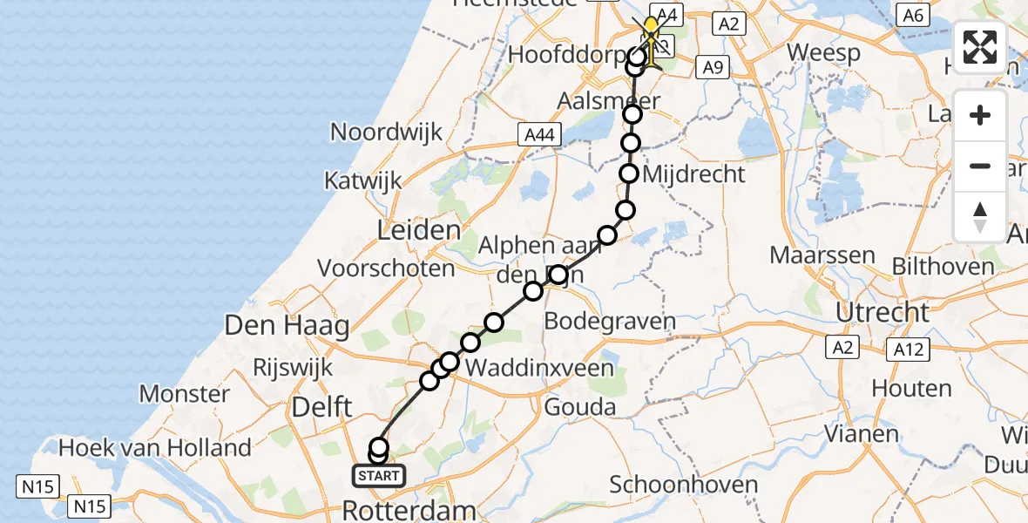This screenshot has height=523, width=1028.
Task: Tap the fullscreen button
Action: point(980,47)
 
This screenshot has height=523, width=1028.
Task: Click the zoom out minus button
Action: point(980,166)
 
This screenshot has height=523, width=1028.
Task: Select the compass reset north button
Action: point(980,216)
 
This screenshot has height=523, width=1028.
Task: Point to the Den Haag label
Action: point(287,327)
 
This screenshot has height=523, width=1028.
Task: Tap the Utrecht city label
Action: point(883,312)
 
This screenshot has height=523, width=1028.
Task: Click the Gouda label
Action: point(580,406)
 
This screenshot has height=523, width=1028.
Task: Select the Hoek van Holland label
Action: point(154,448)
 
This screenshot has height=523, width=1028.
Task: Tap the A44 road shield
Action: point(542,134)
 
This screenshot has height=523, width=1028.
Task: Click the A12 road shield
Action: point(907,350)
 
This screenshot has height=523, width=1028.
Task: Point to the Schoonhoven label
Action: point(683,485)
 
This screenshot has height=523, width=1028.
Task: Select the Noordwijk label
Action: point(386,132)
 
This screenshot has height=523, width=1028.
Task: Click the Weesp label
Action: point(824,51)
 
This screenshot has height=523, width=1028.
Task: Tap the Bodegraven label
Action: point(610,322)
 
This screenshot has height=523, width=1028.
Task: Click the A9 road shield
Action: point(714,65)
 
